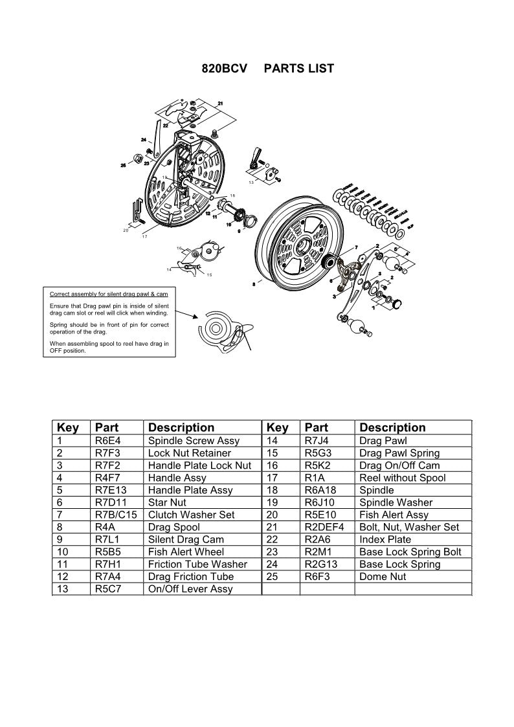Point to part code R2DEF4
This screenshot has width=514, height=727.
click(x=324, y=527)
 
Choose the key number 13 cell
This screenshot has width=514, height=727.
click(x=64, y=588)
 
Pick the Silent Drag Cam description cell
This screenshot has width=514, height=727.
click(x=186, y=539)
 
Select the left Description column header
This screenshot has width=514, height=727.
click(x=181, y=427)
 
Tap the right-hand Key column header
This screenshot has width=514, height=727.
click(x=278, y=427)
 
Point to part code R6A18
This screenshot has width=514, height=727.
click(x=320, y=490)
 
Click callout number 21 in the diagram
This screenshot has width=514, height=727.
click(x=221, y=104)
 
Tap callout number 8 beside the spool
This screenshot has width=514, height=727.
click(x=252, y=284)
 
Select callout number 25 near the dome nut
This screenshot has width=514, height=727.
click(x=124, y=166)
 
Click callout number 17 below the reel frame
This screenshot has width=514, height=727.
click(x=145, y=237)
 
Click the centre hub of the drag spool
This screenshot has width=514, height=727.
click(x=303, y=247)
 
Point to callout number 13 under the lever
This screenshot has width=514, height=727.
click(x=251, y=183)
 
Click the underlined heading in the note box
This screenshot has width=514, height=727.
click(x=109, y=294)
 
